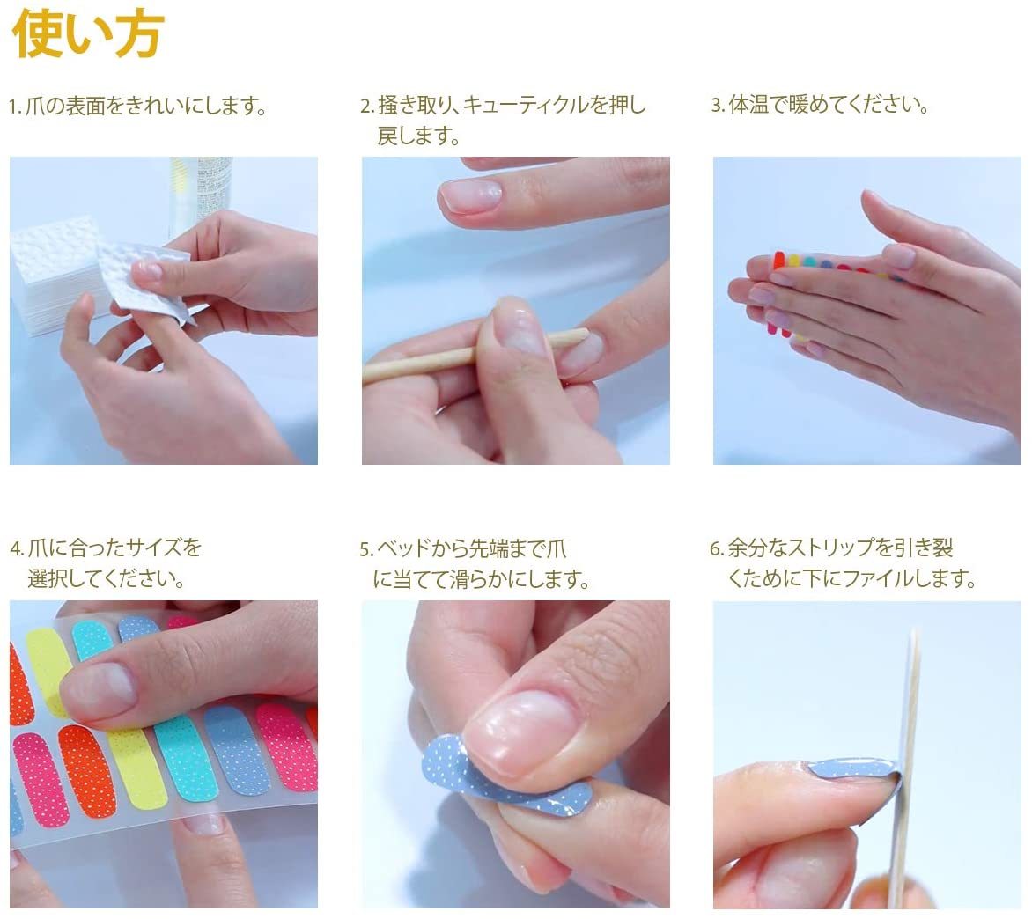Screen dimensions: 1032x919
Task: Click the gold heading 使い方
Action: pos(88,33)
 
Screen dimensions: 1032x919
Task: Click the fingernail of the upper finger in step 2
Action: pos(469,195)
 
